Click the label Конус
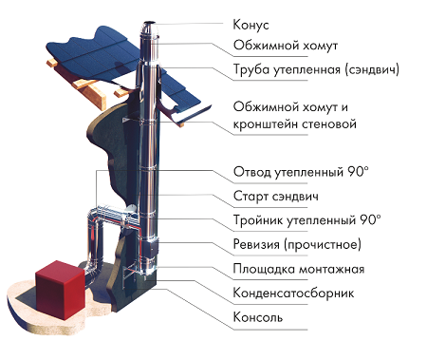pyautogui.click(x=251, y=25)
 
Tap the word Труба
pyautogui.click(x=251, y=69)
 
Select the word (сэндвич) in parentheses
pyautogui.click(x=372, y=69)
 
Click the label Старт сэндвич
pyautogui.click(x=276, y=197)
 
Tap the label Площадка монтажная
pyautogui.click(x=299, y=269)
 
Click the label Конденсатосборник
pyautogui.click(x=293, y=294)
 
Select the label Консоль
pyautogui.click(x=258, y=317)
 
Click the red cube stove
pyautogui.click(x=60, y=290)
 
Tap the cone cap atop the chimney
pyautogui.click(x=149, y=28)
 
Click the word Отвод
pyautogui.click(x=251, y=172)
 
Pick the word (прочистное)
pyautogui.click(x=323, y=244)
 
